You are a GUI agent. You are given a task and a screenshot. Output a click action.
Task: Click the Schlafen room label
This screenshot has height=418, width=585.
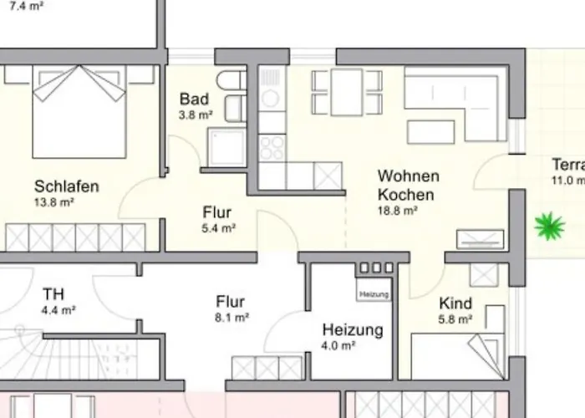66,186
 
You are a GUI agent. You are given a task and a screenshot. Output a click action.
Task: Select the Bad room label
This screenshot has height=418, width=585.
194,99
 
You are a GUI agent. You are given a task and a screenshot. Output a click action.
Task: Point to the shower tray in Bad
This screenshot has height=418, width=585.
225,147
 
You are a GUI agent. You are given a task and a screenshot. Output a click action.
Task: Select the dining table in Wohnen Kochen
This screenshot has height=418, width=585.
347,91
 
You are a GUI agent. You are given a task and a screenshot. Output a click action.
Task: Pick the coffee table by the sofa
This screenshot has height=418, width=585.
431,132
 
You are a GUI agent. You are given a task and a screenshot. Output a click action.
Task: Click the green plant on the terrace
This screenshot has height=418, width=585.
549,226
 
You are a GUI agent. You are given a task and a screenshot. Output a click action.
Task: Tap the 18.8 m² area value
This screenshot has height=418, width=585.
398,211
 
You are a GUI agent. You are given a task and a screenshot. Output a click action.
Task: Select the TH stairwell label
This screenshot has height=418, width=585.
53,294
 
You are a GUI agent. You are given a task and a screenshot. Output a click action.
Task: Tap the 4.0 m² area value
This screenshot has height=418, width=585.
338,345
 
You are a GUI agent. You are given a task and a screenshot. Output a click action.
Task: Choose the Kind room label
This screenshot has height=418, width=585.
455,303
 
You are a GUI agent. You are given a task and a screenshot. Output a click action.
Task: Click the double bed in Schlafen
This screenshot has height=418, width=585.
79,112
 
